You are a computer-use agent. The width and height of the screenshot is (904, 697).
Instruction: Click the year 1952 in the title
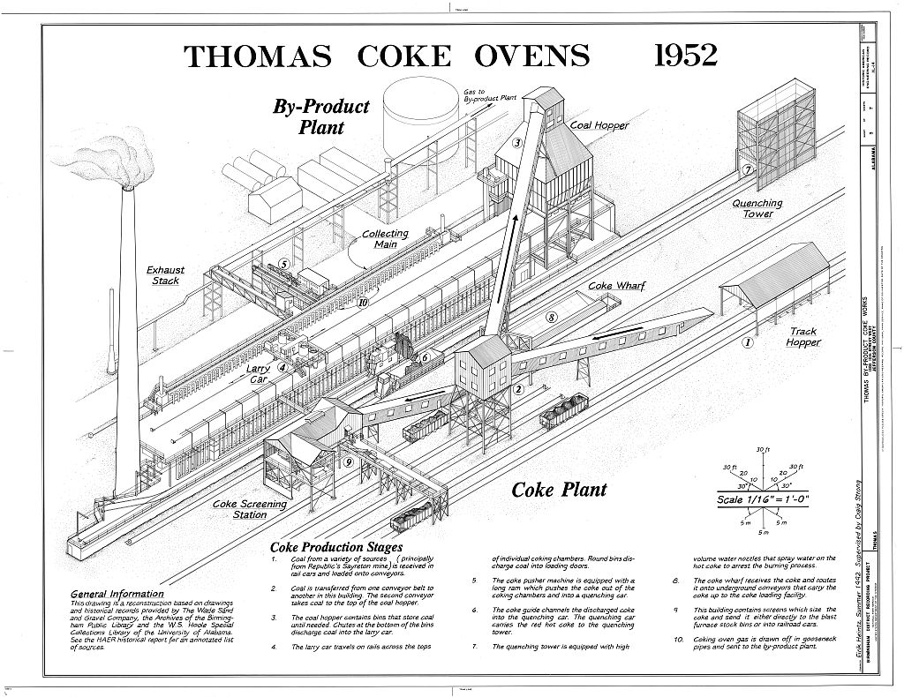click(684, 56)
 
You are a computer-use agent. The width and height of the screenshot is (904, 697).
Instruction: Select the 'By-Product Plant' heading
click(320, 116)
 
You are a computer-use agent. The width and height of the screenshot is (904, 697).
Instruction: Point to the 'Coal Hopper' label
click(599, 125)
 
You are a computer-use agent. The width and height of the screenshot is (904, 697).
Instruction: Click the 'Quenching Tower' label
click(757, 208)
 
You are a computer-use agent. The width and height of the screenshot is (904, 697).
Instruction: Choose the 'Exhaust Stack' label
click(165, 275)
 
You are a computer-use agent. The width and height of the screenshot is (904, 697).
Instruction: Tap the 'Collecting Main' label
click(386, 239)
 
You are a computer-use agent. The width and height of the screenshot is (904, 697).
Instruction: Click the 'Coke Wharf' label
click(617, 287)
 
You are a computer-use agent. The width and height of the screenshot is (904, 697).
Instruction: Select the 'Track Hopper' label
click(802, 337)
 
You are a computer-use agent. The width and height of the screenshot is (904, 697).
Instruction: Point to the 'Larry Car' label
click(259, 373)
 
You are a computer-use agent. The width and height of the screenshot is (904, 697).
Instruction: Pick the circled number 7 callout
click(747, 171)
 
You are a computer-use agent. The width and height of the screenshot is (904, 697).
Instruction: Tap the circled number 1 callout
click(747, 342)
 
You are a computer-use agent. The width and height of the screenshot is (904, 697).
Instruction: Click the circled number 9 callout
click(349, 461)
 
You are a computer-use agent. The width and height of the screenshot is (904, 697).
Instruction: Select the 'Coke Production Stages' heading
click(337, 548)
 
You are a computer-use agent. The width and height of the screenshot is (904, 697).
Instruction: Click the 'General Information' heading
click(117, 594)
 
